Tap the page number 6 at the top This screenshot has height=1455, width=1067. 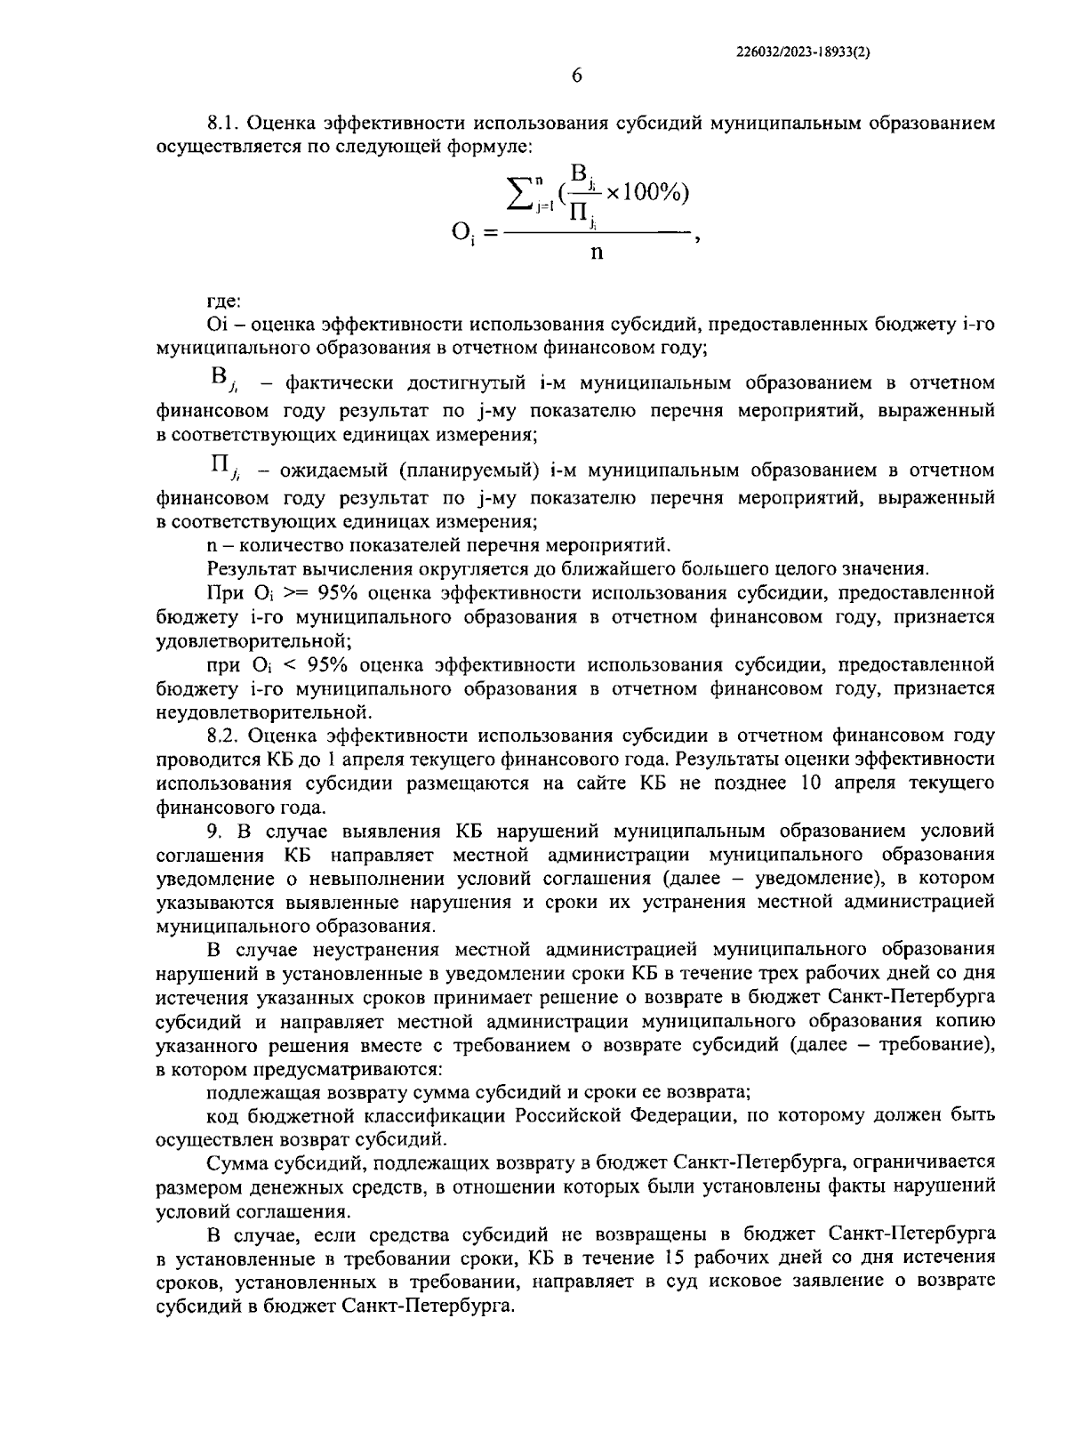tap(576, 76)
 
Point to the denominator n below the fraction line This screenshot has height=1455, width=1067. tap(596, 253)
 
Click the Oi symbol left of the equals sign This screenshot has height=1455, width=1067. tap(462, 234)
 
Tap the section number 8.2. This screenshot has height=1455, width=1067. tap(223, 736)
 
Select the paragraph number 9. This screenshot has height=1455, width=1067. tap(213, 831)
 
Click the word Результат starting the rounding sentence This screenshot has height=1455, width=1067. tap(246, 568)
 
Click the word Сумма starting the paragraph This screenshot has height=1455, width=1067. tap(234, 1162)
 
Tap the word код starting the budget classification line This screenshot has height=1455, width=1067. tap(222, 1114)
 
